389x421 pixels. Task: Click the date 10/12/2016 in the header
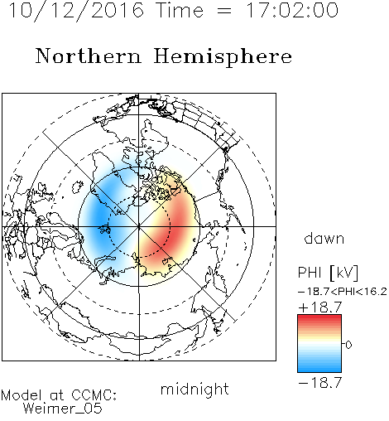tap(76, 11)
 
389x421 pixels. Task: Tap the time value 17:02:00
tap(292, 10)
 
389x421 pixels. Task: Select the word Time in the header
tap(180, 11)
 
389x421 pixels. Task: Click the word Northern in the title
tap(89, 56)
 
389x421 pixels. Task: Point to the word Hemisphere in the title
tap(223, 57)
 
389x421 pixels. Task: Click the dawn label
tap(324, 238)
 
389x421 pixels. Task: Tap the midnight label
tap(194, 389)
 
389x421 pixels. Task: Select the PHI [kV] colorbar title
tap(328, 273)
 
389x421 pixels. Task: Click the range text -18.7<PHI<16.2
tap(343, 292)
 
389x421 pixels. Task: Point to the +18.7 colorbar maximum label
tap(320, 307)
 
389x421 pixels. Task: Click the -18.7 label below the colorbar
tap(320, 383)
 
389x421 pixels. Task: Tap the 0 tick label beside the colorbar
tap(348, 345)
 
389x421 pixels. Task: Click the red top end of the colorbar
tap(319, 317)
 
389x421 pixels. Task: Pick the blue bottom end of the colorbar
tap(319, 370)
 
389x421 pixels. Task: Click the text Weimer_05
tap(63, 409)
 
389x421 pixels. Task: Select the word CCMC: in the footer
tap(94, 395)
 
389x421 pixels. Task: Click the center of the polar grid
tap(139, 227)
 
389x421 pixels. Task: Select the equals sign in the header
tap(224, 12)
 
